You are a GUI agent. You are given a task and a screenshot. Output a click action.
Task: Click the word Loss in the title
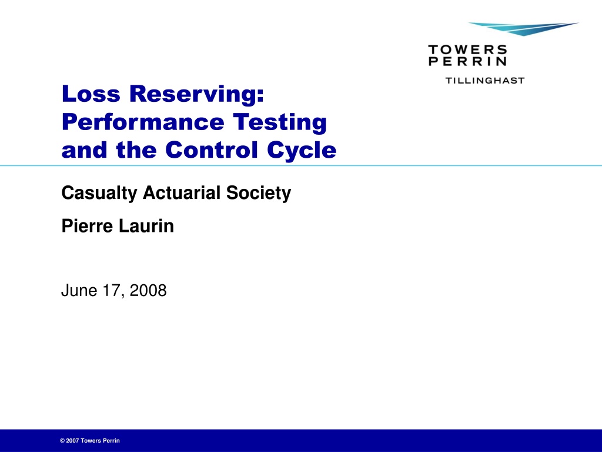pos(91,94)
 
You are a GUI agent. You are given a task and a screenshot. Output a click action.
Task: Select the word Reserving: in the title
pos(196,95)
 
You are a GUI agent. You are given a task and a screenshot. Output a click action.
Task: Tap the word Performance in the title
pos(143,122)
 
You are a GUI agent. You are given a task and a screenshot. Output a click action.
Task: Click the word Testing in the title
pos(280,123)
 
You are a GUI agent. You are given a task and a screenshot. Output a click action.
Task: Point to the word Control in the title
pos(212,149)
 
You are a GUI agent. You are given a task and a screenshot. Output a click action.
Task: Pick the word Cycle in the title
pos(302,151)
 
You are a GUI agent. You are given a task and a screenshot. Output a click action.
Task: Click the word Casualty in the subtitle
pos(99,193)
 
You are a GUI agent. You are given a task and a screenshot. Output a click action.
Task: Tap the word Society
pos(259,193)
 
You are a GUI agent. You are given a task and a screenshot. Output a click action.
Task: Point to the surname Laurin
pos(146,226)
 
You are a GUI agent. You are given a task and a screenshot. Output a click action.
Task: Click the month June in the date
pos(79,291)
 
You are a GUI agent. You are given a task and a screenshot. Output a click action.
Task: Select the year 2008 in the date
pos(148,291)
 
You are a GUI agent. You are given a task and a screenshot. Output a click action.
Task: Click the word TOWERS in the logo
pos(467,49)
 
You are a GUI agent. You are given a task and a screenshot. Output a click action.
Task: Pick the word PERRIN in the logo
pos(467,61)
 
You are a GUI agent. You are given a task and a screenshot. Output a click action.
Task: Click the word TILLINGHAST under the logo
pos(485,81)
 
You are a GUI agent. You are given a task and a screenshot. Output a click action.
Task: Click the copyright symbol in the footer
pos(62,441)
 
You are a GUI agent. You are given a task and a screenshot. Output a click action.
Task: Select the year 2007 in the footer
pos(72,441)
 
